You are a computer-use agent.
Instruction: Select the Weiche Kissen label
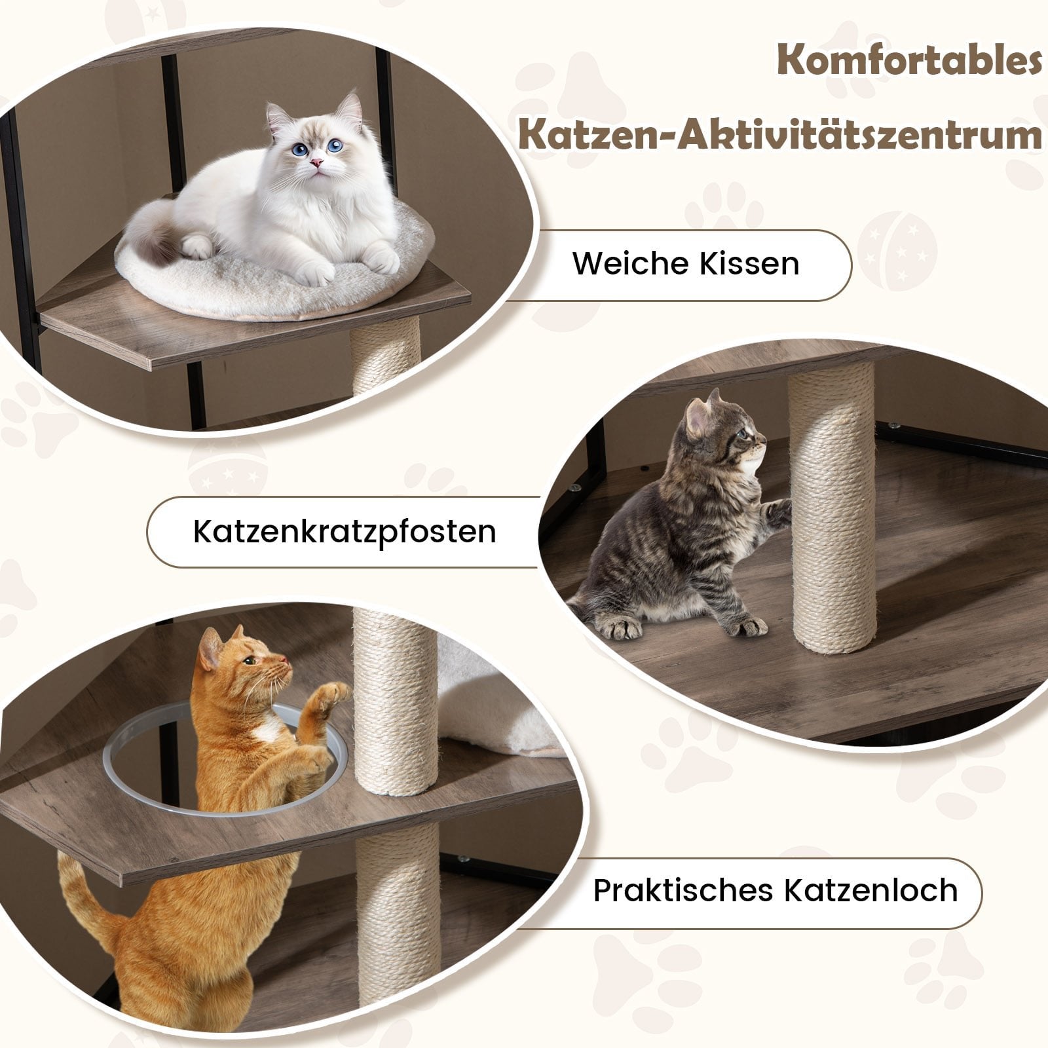coord(686,264)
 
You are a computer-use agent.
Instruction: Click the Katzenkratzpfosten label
coord(345,532)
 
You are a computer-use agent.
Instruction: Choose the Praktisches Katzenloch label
coord(775,891)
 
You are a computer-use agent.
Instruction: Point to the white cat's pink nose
coord(316,162)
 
